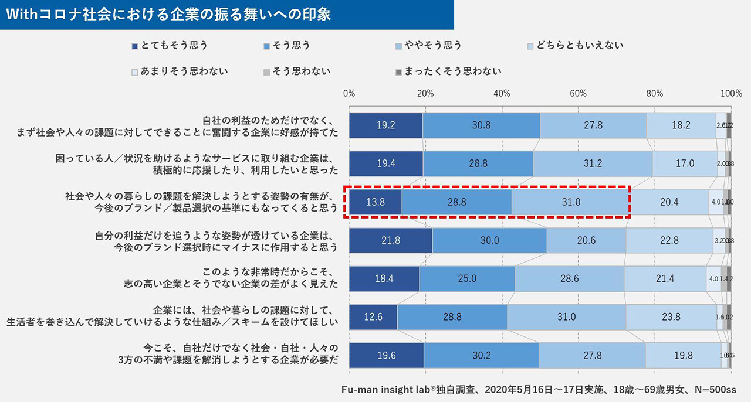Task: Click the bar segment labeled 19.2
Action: (x=385, y=125)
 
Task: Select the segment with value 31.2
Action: (x=593, y=163)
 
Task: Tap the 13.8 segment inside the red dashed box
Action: (x=375, y=202)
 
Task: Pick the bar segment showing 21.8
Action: (x=390, y=240)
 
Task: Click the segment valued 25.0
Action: (x=467, y=278)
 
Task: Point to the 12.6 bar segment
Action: (x=373, y=317)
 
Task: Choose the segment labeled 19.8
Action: (x=683, y=355)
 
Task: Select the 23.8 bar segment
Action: (x=671, y=317)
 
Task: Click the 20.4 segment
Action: (x=669, y=202)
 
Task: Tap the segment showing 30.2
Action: (x=481, y=355)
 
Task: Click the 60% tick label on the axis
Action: (x=578, y=93)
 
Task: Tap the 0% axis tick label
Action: (x=349, y=93)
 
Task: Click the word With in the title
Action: (x=21, y=15)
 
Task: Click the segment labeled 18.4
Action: (x=384, y=278)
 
